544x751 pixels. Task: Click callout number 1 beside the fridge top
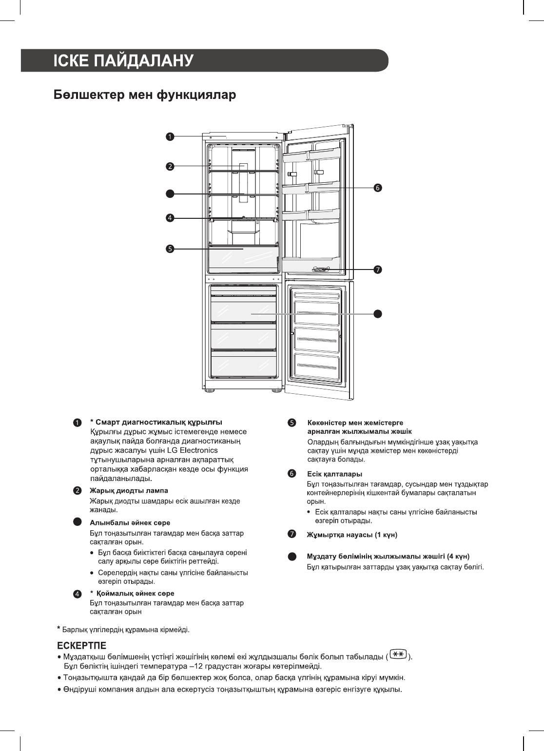pos(169,137)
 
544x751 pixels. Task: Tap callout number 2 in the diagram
pos(169,166)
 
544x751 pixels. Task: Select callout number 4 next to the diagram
pos(169,218)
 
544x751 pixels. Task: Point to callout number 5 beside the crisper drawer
pos(169,249)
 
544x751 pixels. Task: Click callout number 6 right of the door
pos(377,187)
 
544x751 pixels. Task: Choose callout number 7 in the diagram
pos(377,270)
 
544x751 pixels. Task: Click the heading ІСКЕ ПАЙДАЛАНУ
pos(124,61)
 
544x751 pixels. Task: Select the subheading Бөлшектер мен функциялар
pos(144,95)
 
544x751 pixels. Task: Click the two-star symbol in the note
pos(399,655)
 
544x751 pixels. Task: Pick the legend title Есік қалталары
pos(334,474)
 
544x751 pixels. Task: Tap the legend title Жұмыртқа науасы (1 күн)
pos(352,535)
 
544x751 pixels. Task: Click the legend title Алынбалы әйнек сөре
pos(130,523)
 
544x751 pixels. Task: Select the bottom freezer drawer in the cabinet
pos(243,365)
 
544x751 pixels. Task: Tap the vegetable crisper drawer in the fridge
pos(243,259)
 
